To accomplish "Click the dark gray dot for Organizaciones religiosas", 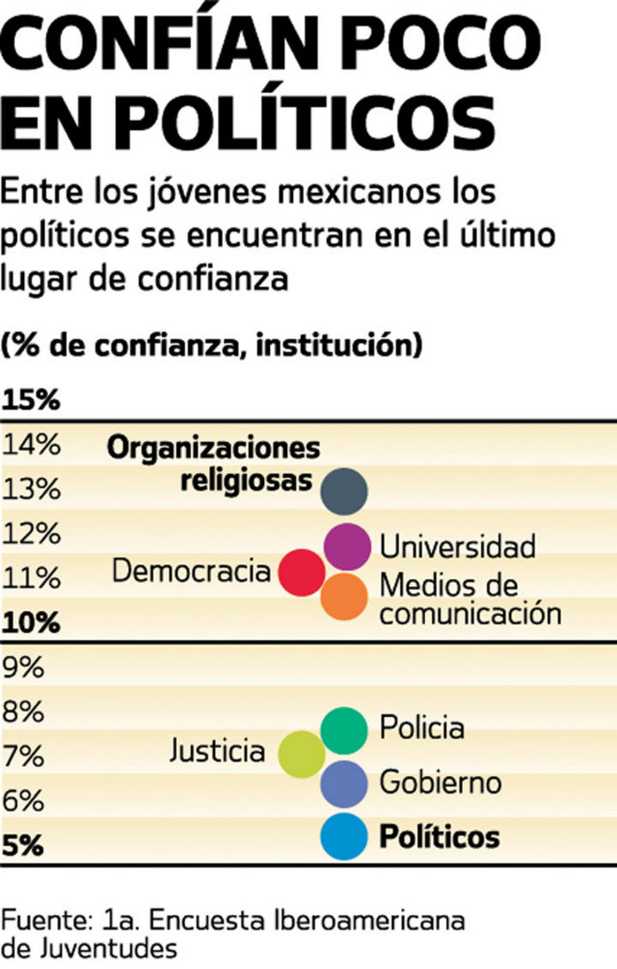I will tap(344, 491).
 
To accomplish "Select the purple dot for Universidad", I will tap(347, 546).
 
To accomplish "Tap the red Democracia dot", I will tap(302, 571).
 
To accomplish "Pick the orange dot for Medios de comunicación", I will tap(344, 597).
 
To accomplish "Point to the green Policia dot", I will tap(344, 730).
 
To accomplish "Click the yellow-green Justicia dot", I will tap(302, 754).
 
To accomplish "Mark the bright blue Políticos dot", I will tap(344, 837).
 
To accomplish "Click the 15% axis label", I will tap(31, 400).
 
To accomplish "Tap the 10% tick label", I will tap(31, 623).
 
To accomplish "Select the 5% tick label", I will tap(23, 846).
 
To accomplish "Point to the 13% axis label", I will tap(31, 490).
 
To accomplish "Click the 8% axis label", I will tap(23, 713).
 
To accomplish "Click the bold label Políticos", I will tap(440, 836).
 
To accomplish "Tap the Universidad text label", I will tap(457, 546).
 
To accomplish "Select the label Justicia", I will tap(217, 751).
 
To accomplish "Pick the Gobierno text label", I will tap(440, 783).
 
